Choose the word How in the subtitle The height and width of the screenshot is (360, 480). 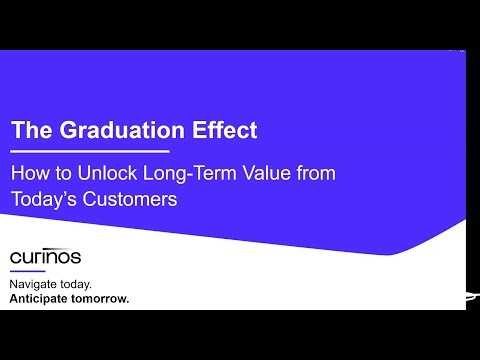[29, 173]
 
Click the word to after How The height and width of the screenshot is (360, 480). [58, 173]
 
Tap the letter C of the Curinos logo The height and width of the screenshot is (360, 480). [14, 258]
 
